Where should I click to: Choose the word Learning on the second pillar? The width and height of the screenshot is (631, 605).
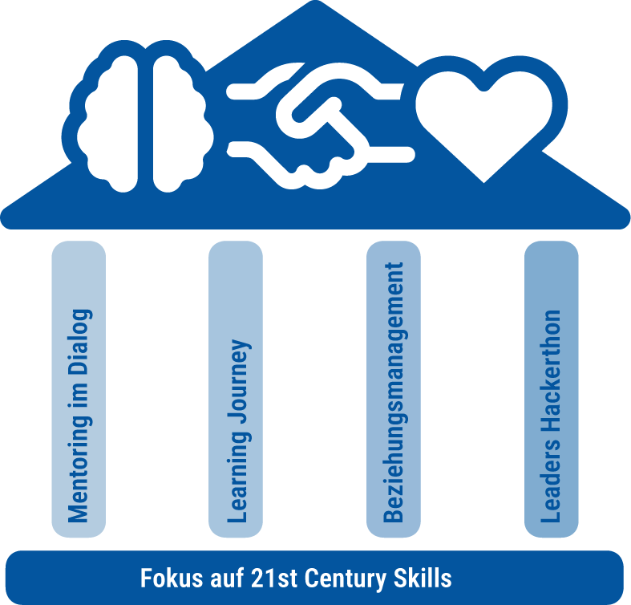[x=237, y=485]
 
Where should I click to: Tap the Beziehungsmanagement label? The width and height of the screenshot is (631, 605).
[x=394, y=392]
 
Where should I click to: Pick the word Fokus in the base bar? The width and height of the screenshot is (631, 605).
[x=167, y=579]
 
